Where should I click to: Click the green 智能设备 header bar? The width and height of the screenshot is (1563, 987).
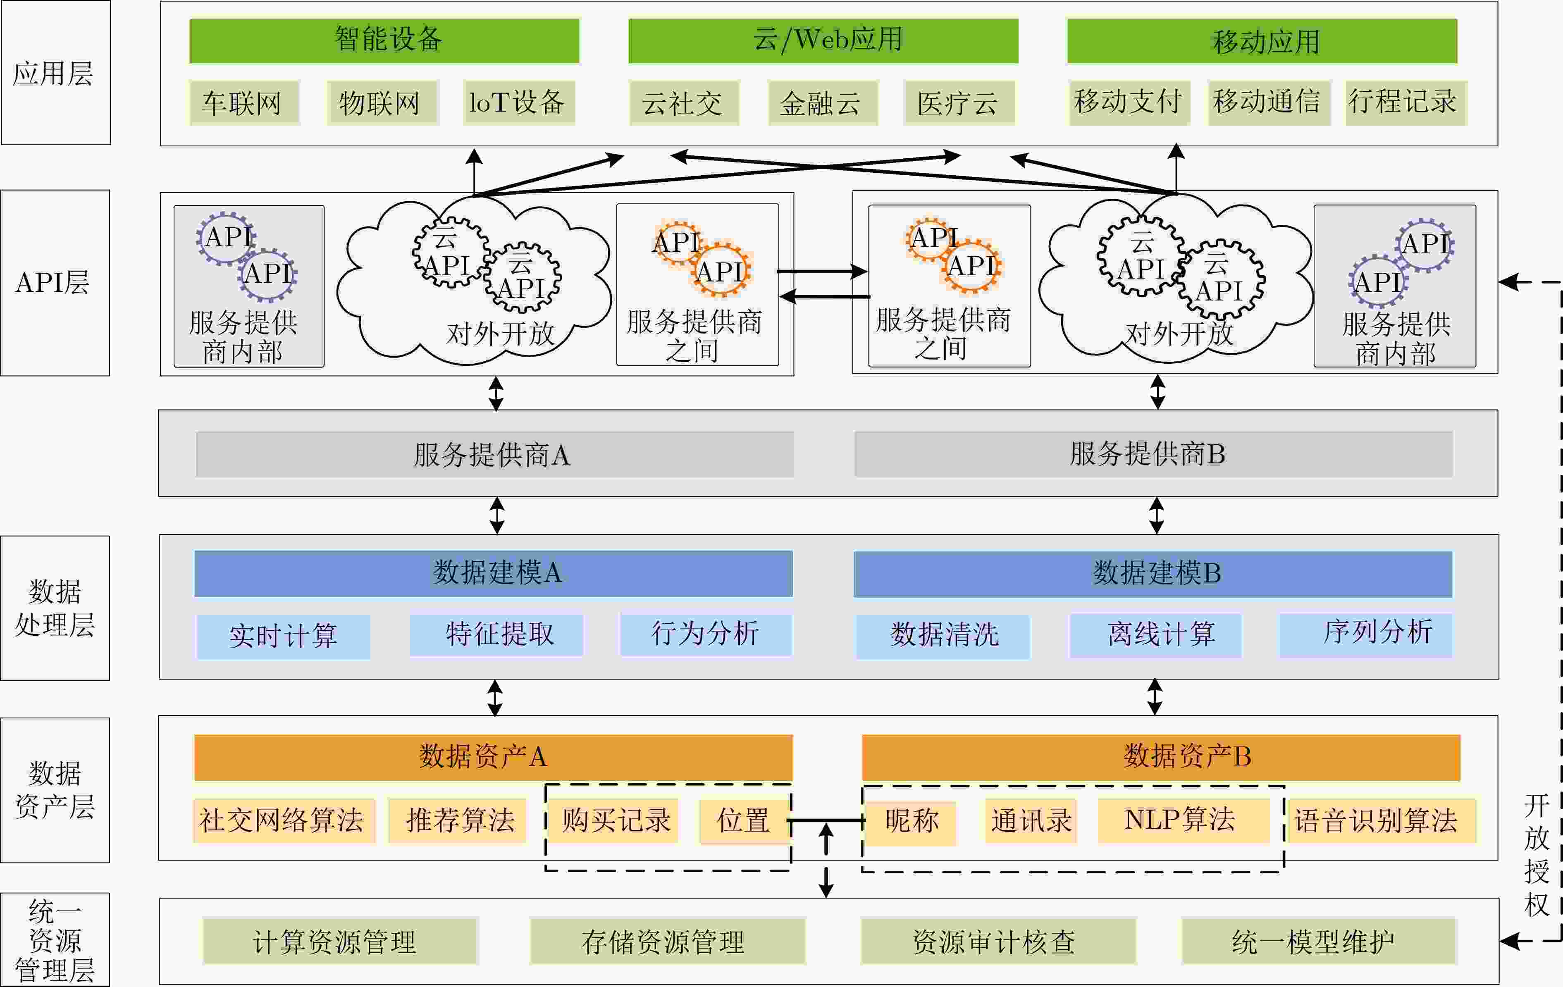384,41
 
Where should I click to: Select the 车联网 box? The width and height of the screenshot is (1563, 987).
244,103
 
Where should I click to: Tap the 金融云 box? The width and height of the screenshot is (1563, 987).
822,103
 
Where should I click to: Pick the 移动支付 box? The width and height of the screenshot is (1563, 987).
1129,102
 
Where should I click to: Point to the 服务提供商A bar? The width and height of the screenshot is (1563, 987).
494,454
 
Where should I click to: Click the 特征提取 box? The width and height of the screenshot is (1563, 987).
496,634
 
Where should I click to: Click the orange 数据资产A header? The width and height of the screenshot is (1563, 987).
493,757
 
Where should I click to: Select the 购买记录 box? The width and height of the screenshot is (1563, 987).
614,821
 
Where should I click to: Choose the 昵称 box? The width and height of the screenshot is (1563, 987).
912,822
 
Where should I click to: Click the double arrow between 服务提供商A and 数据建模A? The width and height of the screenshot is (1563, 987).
497,515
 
